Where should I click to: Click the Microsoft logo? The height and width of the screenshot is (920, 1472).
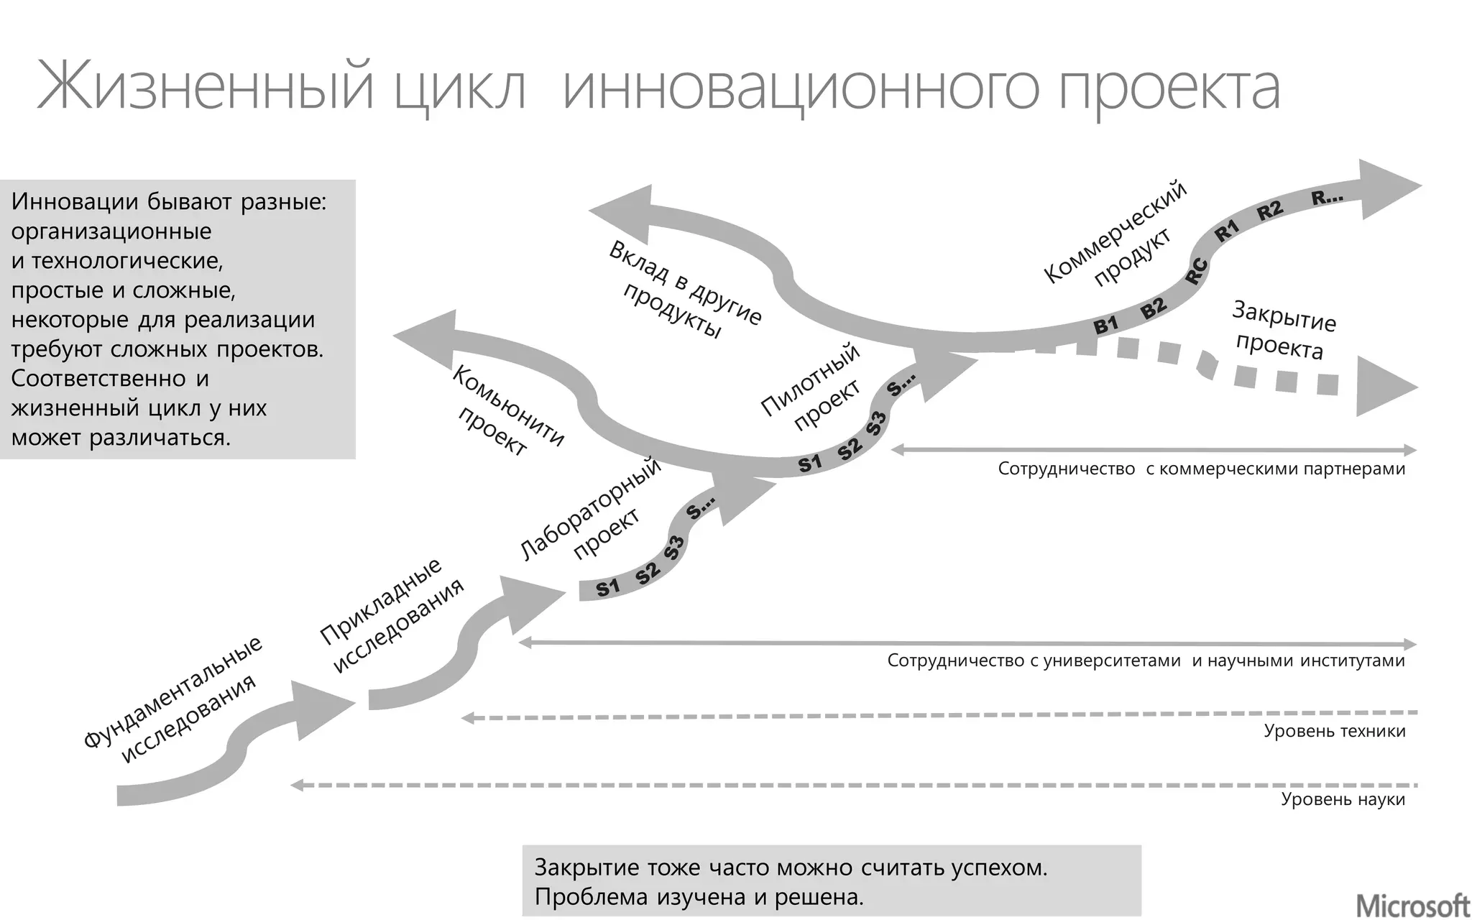pos(1412,905)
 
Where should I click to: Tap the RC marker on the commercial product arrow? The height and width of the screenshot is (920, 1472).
pos(1196,271)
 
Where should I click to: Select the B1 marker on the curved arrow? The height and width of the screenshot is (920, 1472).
pos(1106,325)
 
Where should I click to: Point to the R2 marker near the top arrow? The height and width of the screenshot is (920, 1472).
pos(1270,210)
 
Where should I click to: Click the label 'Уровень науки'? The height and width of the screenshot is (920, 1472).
pos(1343,799)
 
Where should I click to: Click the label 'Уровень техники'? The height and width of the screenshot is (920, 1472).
pos(1334,732)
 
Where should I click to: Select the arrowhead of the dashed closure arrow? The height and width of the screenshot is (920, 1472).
pos(1384,387)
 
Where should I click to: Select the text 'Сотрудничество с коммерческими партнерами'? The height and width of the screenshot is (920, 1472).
pos(1201,469)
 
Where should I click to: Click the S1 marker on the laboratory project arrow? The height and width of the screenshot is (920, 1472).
pos(608,588)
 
